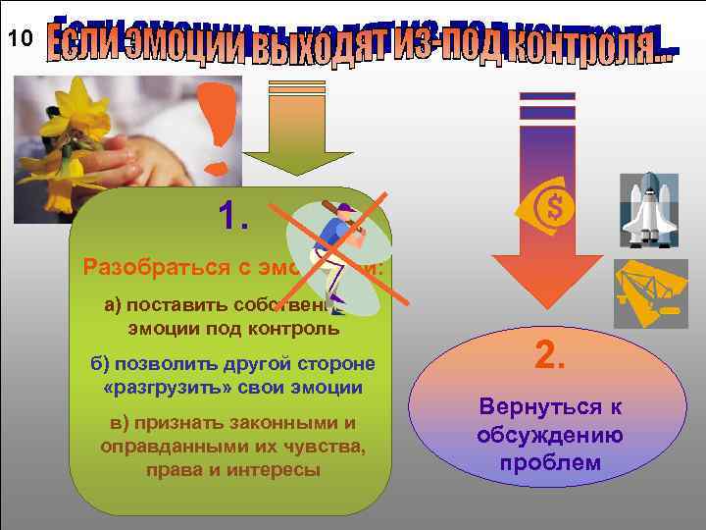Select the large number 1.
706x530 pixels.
tap(231, 215)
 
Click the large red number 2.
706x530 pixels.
tap(549, 354)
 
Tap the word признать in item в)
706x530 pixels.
tap(181, 423)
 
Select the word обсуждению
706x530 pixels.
tap(548, 434)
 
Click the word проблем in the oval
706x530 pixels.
tap(549, 461)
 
